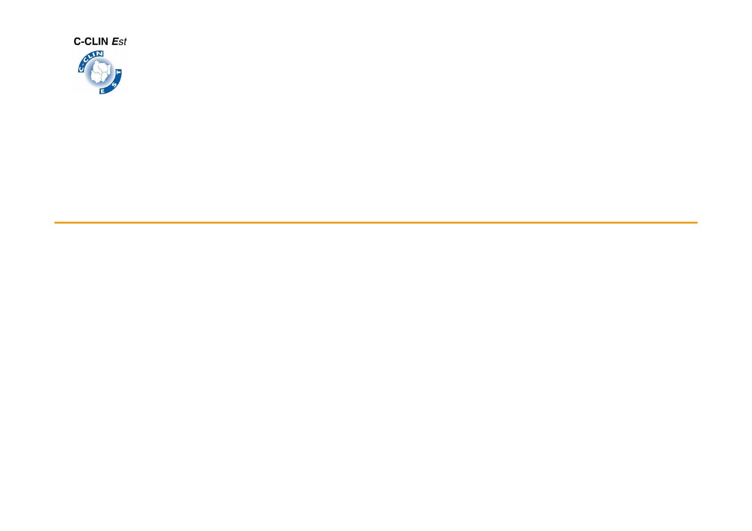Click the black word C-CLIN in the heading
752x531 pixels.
91,41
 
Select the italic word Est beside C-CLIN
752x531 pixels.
119,41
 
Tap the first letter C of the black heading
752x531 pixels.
77,41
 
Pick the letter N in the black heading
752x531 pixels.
105,41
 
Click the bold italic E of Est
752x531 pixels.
115,41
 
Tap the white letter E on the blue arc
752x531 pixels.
103,91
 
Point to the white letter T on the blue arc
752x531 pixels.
118,73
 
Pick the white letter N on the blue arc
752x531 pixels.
100,54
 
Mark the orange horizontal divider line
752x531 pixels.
376,222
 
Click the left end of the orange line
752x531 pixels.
55,222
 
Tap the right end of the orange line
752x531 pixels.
697,222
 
